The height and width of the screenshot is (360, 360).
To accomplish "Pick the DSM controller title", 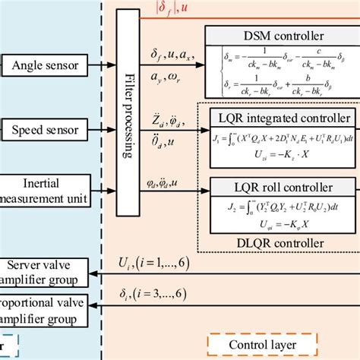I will click(283, 36).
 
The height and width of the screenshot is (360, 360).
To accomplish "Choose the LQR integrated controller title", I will click(283, 118).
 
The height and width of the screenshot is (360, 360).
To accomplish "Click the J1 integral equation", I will click(283, 141).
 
